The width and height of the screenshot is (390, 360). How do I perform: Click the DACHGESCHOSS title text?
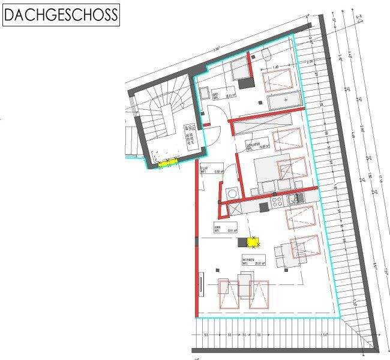[61, 16]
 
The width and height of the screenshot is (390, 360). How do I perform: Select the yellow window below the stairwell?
[168, 163]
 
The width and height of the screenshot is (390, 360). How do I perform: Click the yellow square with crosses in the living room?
[253, 242]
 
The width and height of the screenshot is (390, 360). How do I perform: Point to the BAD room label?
[215, 94]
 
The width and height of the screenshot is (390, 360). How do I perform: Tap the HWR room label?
[218, 228]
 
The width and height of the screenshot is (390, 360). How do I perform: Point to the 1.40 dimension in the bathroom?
[275, 67]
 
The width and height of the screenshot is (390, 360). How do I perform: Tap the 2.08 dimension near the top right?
[310, 62]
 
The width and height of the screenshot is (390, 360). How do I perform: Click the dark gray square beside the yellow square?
[242, 242]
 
